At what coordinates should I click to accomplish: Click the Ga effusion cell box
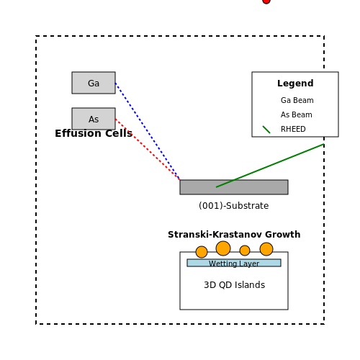(x=94, y=83)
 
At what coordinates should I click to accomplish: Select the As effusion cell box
(x=94, y=119)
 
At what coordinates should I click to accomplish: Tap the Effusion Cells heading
(x=94, y=133)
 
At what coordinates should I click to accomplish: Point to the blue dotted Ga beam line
(x=148, y=131)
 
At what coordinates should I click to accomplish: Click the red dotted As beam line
(x=148, y=149)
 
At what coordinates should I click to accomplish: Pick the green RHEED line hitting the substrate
(x=270, y=166)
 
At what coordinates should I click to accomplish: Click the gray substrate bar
(x=234, y=187)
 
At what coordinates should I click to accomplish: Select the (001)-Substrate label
(x=234, y=206)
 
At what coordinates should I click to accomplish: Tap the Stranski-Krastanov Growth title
(x=234, y=235)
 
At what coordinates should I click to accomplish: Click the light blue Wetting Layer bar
(x=234, y=263)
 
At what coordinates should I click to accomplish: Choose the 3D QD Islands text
(x=235, y=285)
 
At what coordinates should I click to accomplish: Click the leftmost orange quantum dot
(x=202, y=252)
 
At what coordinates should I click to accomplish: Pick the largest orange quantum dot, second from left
(x=223, y=248)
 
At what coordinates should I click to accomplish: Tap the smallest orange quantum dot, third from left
(x=245, y=251)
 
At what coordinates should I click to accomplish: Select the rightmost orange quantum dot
(x=266, y=249)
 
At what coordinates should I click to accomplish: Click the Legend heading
(x=295, y=84)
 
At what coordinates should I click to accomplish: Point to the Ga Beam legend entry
(x=297, y=100)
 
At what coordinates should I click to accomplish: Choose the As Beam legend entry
(x=297, y=114)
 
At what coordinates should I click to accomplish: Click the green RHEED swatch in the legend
(x=266, y=130)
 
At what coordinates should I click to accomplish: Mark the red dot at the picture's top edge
(x=266, y=1)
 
